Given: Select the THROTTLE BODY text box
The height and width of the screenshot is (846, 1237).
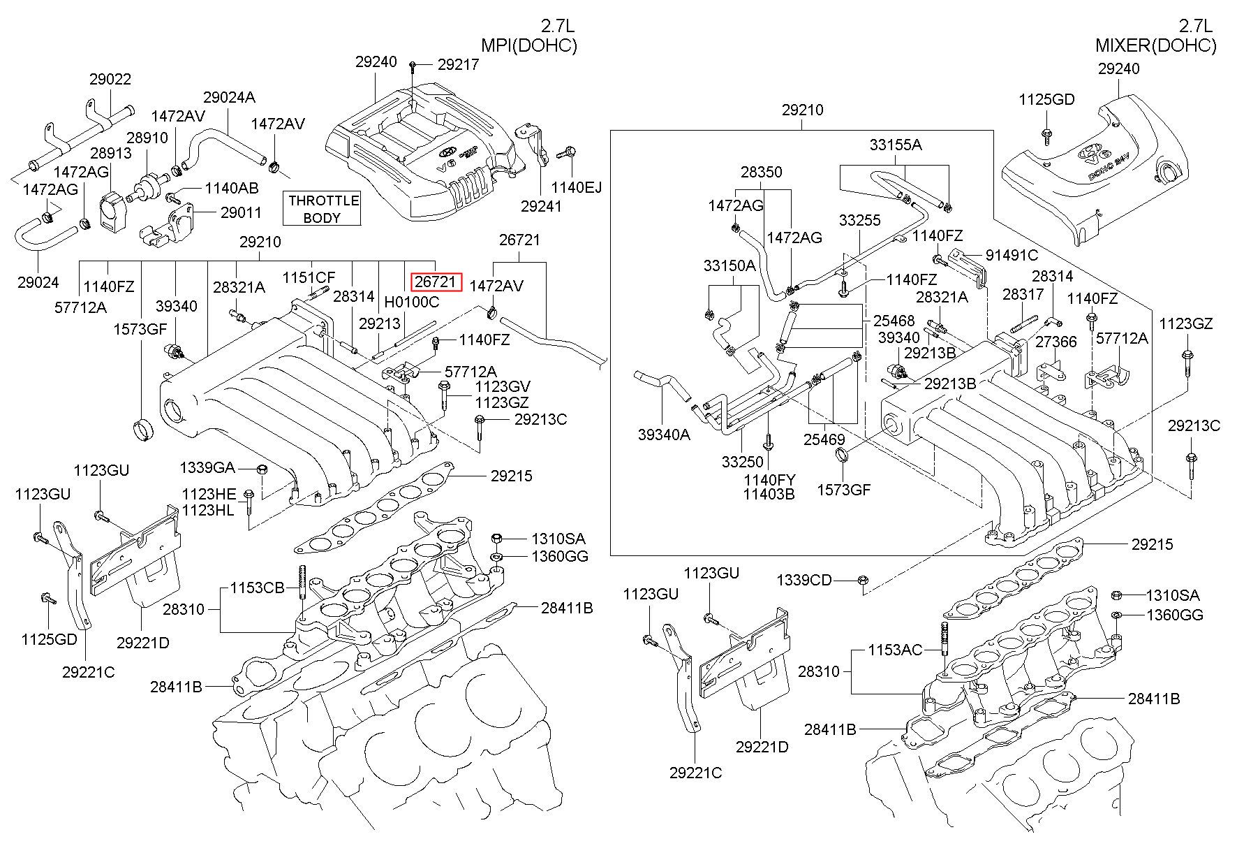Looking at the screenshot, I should pyautogui.click(x=323, y=209).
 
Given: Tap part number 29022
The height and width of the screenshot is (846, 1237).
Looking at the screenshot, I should pyautogui.click(x=110, y=80).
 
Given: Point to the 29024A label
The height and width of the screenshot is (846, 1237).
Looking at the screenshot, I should pyautogui.click(x=229, y=97).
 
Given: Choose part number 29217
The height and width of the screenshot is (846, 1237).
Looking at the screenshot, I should pyautogui.click(x=458, y=64).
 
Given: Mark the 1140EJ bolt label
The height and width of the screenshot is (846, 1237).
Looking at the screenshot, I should pyautogui.click(x=576, y=187).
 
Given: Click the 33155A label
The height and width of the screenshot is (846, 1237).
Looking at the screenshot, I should pyautogui.click(x=896, y=145).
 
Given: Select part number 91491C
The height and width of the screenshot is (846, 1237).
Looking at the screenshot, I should pyautogui.click(x=1012, y=256).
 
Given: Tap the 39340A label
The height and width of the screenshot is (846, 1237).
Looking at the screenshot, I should pyautogui.click(x=664, y=435).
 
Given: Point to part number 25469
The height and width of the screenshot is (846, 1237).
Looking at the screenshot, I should pyautogui.click(x=824, y=440).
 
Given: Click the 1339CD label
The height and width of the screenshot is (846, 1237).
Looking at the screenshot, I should pyautogui.click(x=804, y=580).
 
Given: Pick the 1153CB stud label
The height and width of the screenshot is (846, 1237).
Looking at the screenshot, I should pyautogui.click(x=258, y=588).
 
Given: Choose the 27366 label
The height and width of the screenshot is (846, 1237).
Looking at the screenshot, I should pyautogui.click(x=1055, y=342).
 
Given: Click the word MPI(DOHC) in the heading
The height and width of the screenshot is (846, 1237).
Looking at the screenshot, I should pyautogui.click(x=529, y=46).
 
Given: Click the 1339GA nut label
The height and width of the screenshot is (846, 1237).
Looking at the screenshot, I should pyautogui.click(x=207, y=468).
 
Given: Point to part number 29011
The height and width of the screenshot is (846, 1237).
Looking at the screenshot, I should pyautogui.click(x=241, y=213).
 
